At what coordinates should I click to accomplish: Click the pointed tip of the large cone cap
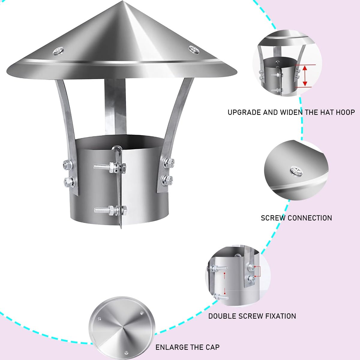(123, 1)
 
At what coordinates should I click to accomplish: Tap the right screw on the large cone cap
(194, 50)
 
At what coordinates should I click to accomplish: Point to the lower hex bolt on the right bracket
(167, 180)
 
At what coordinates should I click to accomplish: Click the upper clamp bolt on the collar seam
(110, 166)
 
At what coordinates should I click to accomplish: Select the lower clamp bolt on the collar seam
(111, 210)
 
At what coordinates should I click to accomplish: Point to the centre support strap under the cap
(115, 106)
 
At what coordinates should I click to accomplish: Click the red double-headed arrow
(305, 76)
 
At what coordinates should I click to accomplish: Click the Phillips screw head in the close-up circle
(296, 171)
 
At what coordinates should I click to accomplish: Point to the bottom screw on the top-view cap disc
(126, 352)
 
